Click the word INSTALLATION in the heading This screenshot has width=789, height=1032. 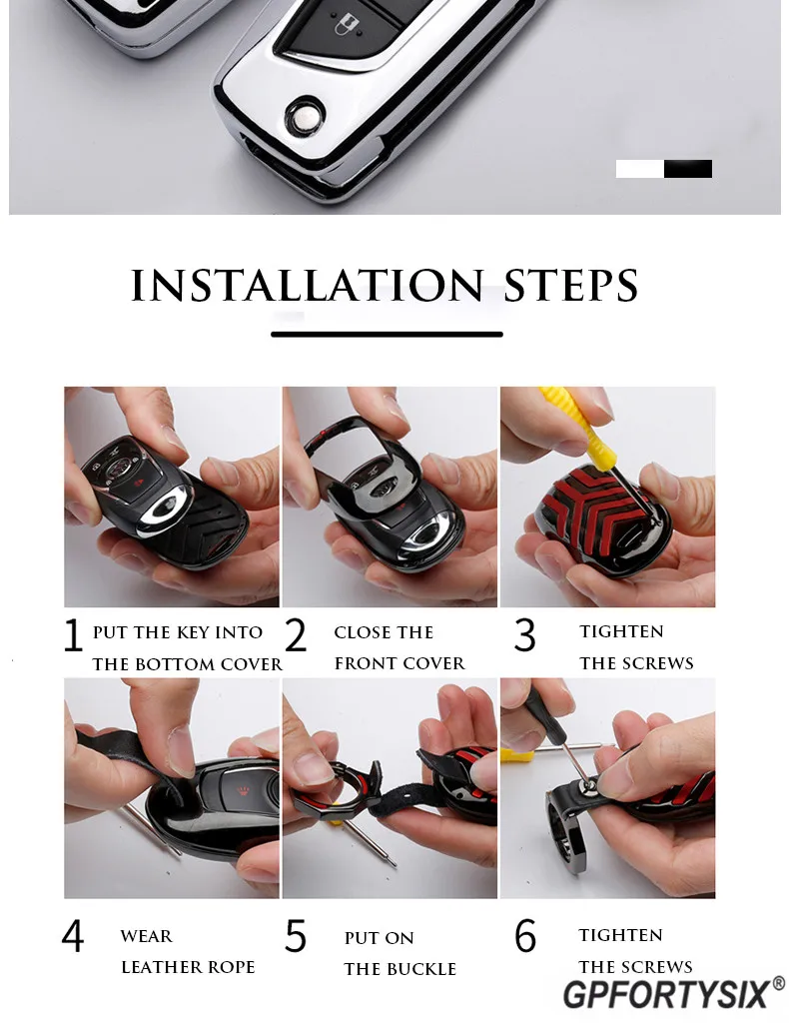coord(308,286)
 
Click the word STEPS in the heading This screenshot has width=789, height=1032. coord(571,286)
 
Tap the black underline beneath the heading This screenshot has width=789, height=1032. coord(387,335)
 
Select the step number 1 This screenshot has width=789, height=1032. coord(72,635)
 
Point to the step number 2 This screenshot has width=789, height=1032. coord(296,635)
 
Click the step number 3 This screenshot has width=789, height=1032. coord(524,635)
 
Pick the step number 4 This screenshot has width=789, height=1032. coord(72,935)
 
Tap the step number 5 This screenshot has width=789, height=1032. coord(296,936)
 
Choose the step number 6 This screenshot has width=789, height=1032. coord(525,936)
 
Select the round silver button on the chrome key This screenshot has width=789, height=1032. coord(305,117)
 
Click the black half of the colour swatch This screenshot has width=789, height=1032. coord(688,169)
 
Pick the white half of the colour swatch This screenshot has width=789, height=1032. coord(639,169)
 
